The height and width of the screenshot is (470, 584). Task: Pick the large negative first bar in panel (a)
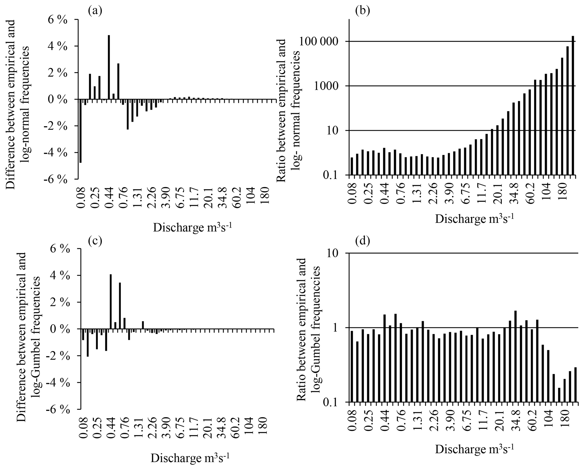(80, 131)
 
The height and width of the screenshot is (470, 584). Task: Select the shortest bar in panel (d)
(559, 395)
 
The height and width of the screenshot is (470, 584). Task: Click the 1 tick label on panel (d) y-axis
(336, 328)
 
